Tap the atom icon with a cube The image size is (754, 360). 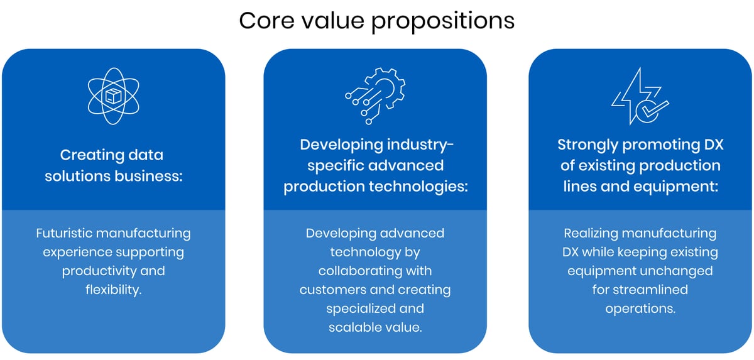[x=113, y=96]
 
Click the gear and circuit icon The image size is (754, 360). [x=375, y=95]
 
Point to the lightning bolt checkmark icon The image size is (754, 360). [x=640, y=95]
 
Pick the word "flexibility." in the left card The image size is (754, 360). [x=113, y=290]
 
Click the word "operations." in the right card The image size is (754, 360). [x=640, y=308]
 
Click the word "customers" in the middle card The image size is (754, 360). [x=334, y=290]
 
